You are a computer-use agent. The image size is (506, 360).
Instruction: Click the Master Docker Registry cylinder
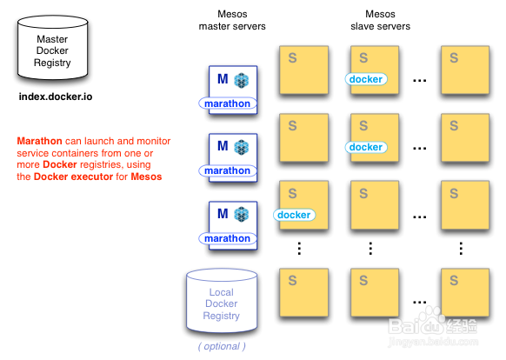click(53, 48)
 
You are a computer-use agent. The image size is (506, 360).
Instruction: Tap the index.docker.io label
click(56, 97)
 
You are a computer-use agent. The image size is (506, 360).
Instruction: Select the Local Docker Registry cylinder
click(222, 301)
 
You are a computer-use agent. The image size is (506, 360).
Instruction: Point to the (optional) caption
click(222, 346)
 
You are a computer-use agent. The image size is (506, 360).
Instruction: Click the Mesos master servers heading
click(232, 20)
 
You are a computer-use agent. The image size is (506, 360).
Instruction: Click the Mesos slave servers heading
click(380, 20)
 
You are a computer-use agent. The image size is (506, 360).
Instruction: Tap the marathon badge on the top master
click(228, 103)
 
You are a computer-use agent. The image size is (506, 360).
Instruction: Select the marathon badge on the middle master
click(228, 170)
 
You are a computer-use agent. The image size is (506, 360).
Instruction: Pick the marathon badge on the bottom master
click(228, 238)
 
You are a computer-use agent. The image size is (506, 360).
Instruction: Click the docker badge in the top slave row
click(366, 79)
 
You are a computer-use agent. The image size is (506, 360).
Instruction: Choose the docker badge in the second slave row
click(366, 147)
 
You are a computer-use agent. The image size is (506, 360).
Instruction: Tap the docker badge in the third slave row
click(294, 215)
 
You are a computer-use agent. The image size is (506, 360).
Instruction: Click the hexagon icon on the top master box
click(242, 80)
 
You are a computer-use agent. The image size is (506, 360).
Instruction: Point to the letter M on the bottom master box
click(223, 213)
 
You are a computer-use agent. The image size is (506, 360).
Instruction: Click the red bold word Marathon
click(39, 141)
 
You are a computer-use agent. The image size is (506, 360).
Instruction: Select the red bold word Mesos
click(146, 177)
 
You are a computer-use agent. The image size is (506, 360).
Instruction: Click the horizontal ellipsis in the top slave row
click(420, 80)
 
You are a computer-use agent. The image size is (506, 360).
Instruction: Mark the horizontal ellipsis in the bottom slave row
click(420, 303)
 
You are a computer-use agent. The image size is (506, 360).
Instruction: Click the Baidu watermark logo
click(433, 326)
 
